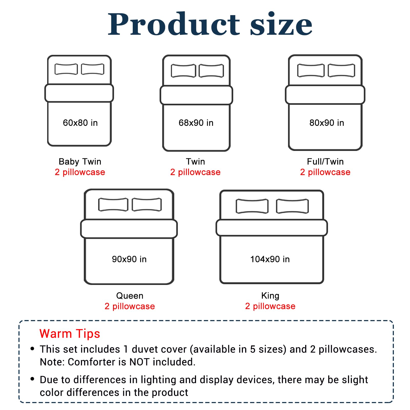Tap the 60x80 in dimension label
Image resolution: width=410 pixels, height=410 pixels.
pyautogui.click(x=80, y=123)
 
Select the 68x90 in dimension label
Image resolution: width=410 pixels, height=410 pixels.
pyautogui.click(x=196, y=123)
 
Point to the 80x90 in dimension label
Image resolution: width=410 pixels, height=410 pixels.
pyautogui.click(x=327, y=123)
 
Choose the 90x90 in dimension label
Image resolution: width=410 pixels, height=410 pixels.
pyautogui.click(x=129, y=259)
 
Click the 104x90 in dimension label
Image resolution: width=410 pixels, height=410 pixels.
pyautogui.click(x=270, y=259)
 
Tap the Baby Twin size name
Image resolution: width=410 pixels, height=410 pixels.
pyautogui.click(x=80, y=162)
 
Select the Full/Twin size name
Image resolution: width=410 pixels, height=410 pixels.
pyautogui.click(x=325, y=161)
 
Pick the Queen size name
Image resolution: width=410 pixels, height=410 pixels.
pyautogui.click(x=130, y=296)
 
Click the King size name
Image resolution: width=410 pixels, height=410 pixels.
pyautogui.click(x=270, y=296)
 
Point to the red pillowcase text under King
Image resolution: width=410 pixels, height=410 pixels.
pyautogui.click(x=270, y=306)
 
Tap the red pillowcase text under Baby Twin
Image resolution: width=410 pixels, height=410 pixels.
pyautogui.click(x=80, y=172)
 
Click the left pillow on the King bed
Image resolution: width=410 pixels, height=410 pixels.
pyautogui.click(x=252, y=206)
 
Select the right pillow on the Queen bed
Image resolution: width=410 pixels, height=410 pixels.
pyautogui.click(x=147, y=204)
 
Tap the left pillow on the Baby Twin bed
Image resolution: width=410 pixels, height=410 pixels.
pyautogui.click(x=66, y=69)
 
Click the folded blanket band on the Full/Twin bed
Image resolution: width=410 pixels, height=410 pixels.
pyautogui.click(x=325, y=95)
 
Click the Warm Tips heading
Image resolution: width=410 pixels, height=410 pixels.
pyautogui.click(x=70, y=334)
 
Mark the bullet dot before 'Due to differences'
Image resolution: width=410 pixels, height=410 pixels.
pyautogui.click(x=32, y=379)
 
